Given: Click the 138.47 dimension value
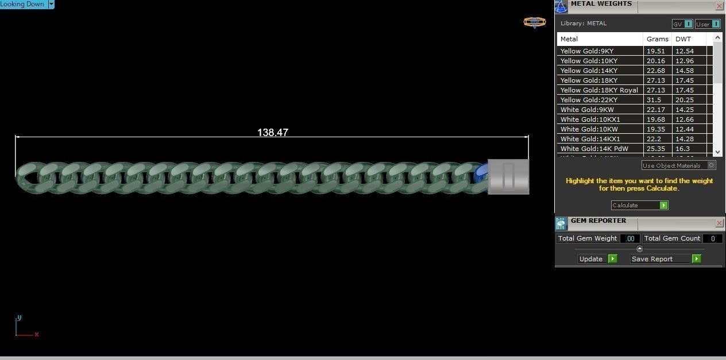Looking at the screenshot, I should tap(272, 133).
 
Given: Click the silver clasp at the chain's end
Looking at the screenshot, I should tap(508, 176).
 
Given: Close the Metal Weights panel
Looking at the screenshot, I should tap(719, 6).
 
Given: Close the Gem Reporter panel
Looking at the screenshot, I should tap(719, 223).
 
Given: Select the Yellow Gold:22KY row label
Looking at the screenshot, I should tap(589, 100).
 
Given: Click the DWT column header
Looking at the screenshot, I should tap(683, 39).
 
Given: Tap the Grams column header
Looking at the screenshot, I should tap(657, 39).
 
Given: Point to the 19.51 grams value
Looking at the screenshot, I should tap(655, 51).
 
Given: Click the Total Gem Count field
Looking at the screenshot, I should tap(713, 238).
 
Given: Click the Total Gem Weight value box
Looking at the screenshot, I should tap(630, 238).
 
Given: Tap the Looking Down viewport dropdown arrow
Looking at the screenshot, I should tap(51, 4).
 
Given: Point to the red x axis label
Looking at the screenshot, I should tap(37, 334).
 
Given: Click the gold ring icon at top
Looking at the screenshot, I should tap(534, 22).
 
